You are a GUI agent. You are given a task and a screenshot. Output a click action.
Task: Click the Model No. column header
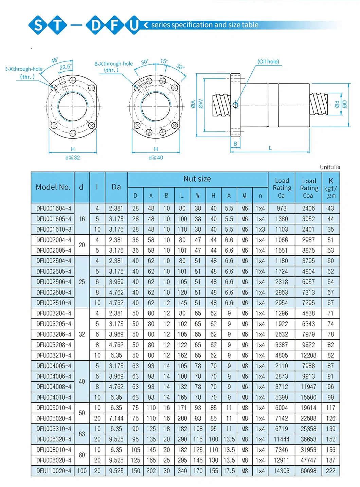coord(53,187)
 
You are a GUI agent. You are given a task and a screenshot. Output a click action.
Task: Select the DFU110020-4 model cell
coord(54,471)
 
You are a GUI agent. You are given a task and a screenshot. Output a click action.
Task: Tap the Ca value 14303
coord(282,471)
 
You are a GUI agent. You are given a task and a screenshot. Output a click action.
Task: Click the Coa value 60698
coord(308,471)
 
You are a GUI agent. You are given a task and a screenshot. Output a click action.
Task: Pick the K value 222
coord(330,471)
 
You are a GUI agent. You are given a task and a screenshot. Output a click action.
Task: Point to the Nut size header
coord(197,179)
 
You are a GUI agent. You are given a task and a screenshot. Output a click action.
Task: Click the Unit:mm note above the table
coord(329,167)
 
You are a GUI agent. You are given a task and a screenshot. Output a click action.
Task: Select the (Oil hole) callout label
coord(268,61)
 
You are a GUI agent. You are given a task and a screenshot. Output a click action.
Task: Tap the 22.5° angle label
coord(65,67)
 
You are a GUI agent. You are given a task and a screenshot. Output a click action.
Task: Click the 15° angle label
coord(164,61)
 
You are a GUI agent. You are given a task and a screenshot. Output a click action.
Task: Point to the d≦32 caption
coord(72,158)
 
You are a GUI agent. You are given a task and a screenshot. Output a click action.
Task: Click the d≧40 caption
coord(156,158)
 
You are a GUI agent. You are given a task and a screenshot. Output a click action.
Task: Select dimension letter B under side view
coord(235,144)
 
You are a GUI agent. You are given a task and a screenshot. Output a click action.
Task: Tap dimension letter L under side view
coord(270,148)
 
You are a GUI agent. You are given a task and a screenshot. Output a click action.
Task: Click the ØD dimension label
coord(345,104)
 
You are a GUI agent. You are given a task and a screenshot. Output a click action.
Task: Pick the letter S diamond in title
coord(39,25)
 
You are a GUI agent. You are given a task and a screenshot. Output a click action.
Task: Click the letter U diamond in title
coord(134,25)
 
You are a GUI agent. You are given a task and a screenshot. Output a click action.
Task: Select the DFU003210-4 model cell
coord(54,355)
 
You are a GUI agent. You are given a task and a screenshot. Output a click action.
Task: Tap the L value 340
coord(182,471)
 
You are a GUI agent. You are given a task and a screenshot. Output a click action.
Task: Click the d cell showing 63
coord(82,434)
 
